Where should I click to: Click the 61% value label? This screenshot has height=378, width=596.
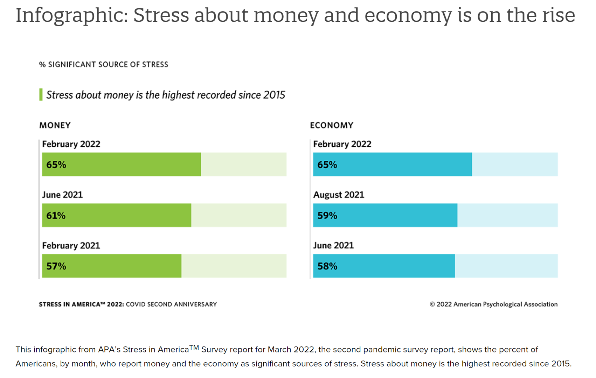(x=56, y=216)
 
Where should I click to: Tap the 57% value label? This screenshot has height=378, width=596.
(x=56, y=266)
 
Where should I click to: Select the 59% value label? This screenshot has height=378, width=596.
(x=327, y=216)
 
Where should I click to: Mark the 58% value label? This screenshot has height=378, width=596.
(x=327, y=266)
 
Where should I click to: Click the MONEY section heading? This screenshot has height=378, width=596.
(x=55, y=125)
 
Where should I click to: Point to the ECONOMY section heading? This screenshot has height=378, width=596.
(x=332, y=125)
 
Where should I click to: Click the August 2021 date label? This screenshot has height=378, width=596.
(x=339, y=195)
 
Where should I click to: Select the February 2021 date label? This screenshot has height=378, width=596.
(x=71, y=246)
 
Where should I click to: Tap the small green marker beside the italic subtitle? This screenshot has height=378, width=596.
(x=41, y=95)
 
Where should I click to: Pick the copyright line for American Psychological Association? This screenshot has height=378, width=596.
(x=493, y=304)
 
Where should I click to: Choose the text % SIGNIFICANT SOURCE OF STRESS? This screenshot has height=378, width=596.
(x=104, y=65)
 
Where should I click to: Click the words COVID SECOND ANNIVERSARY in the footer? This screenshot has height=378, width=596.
(x=171, y=304)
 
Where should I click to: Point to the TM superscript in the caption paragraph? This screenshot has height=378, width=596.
(x=194, y=348)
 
